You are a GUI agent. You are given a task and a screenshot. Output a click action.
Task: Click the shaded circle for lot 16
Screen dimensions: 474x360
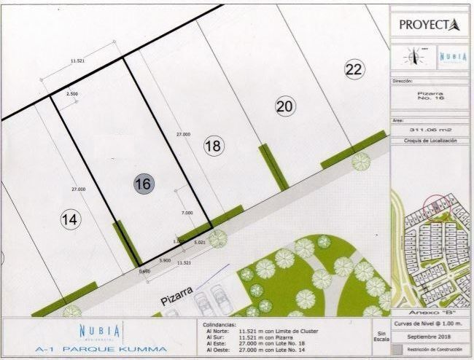(x=143, y=184)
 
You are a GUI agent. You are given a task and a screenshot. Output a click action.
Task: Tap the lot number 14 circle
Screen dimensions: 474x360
(x=70, y=220)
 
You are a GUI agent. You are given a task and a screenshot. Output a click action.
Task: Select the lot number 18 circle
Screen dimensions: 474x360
(x=212, y=146)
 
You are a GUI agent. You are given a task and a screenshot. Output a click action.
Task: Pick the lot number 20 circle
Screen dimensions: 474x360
(x=285, y=106)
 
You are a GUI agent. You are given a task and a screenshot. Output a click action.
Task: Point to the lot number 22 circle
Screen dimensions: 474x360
(x=354, y=70)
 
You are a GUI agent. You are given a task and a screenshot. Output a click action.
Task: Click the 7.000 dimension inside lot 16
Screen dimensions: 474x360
(x=187, y=213)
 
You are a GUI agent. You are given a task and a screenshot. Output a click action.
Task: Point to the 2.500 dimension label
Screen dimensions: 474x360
(x=72, y=94)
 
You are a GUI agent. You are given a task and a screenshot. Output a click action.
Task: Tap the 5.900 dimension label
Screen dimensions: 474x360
(x=165, y=260)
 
